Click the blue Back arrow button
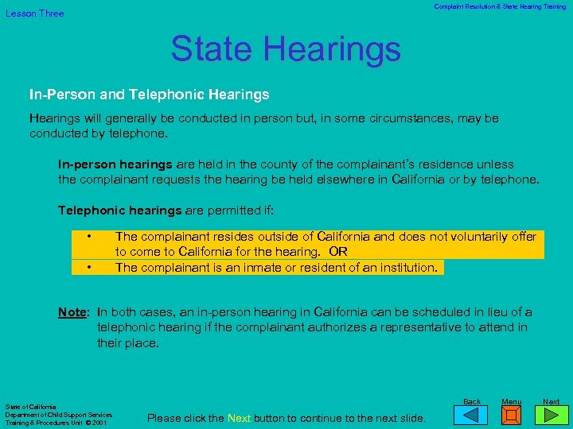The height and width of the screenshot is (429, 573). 472,415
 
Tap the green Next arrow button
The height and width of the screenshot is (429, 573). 551,415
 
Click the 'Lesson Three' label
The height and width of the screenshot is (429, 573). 35,14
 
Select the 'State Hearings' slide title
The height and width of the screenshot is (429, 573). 285,48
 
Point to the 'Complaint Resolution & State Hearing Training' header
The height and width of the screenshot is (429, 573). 500,6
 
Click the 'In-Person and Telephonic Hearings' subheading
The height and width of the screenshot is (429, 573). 150,95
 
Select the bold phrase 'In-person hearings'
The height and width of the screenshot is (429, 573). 115,164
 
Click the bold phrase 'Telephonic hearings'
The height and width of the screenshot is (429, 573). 120,211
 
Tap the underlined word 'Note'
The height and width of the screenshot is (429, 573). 72,312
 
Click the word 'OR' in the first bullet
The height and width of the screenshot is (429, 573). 338,252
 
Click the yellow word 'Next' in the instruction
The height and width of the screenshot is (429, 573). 239,418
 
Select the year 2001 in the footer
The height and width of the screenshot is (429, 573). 99,423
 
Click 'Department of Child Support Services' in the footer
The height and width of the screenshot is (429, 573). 59,415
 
